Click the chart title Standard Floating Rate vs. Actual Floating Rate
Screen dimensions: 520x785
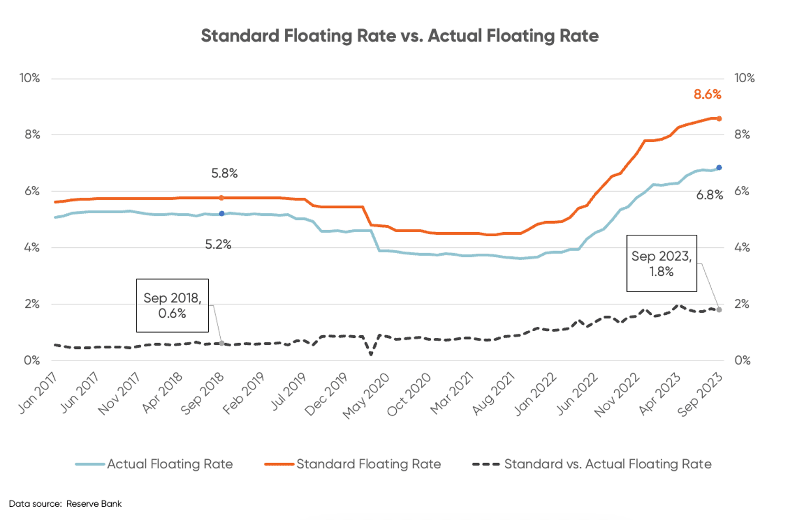click(399, 36)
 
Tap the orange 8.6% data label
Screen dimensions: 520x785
click(707, 94)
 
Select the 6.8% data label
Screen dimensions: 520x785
click(709, 195)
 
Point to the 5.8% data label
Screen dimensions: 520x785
click(224, 173)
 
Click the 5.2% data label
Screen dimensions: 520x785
click(218, 244)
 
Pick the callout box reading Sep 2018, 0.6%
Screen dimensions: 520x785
click(172, 305)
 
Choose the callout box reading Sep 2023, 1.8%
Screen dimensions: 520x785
click(661, 263)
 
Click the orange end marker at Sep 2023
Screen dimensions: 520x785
click(719, 119)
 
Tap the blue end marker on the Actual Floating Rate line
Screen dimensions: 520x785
click(719, 168)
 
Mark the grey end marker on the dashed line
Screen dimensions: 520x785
click(719, 310)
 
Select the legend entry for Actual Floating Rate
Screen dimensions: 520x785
click(154, 464)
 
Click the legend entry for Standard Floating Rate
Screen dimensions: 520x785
click(353, 464)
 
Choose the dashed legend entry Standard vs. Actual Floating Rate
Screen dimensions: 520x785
click(592, 464)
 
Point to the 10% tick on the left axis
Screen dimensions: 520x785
click(30, 78)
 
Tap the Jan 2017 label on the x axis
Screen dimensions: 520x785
click(37, 393)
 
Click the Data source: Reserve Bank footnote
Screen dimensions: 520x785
click(65, 504)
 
